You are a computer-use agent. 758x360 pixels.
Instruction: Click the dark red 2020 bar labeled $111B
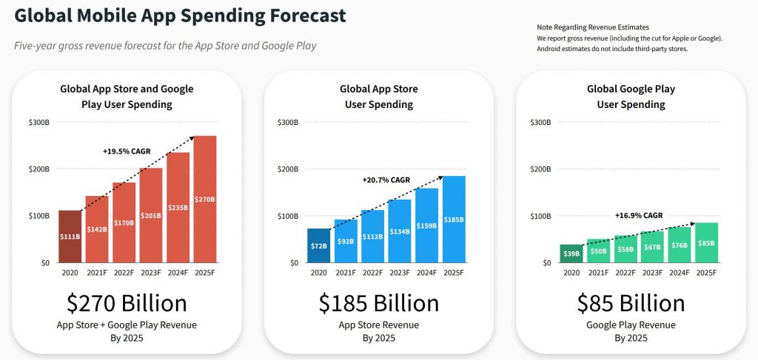(x=70, y=237)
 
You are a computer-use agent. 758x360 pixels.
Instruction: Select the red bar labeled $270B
(x=205, y=200)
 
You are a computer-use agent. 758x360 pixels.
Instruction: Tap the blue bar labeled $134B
(x=399, y=231)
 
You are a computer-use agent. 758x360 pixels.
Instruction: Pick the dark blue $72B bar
(x=318, y=245)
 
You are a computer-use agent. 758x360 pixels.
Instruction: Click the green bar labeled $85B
(x=706, y=242)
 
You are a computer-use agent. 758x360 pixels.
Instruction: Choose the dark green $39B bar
(x=571, y=254)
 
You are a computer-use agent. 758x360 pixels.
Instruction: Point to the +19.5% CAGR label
(x=127, y=151)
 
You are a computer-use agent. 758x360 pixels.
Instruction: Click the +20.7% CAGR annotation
(x=386, y=180)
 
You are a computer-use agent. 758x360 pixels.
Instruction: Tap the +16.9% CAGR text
(x=639, y=216)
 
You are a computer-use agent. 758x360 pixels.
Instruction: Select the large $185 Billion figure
(x=379, y=303)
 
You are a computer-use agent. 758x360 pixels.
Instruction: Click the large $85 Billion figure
(x=631, y=303)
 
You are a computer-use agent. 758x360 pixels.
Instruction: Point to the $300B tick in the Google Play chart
(x=541, y=122)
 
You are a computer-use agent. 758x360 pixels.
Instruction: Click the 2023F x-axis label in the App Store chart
(x=399, y=273)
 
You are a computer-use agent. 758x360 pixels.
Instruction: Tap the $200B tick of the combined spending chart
(x=39, y=169)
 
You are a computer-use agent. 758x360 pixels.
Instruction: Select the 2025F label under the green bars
(x=706, y=273)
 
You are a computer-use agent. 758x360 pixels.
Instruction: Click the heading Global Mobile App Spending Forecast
(x=180, y=16)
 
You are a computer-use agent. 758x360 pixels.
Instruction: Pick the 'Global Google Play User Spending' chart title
(x=631, y=97)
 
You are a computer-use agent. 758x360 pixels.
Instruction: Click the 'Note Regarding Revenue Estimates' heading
(x=593, y=27)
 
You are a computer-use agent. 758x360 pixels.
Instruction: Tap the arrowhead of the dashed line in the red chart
(x=193, y=137)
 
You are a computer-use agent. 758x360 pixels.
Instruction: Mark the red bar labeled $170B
(x=124, y=223)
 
